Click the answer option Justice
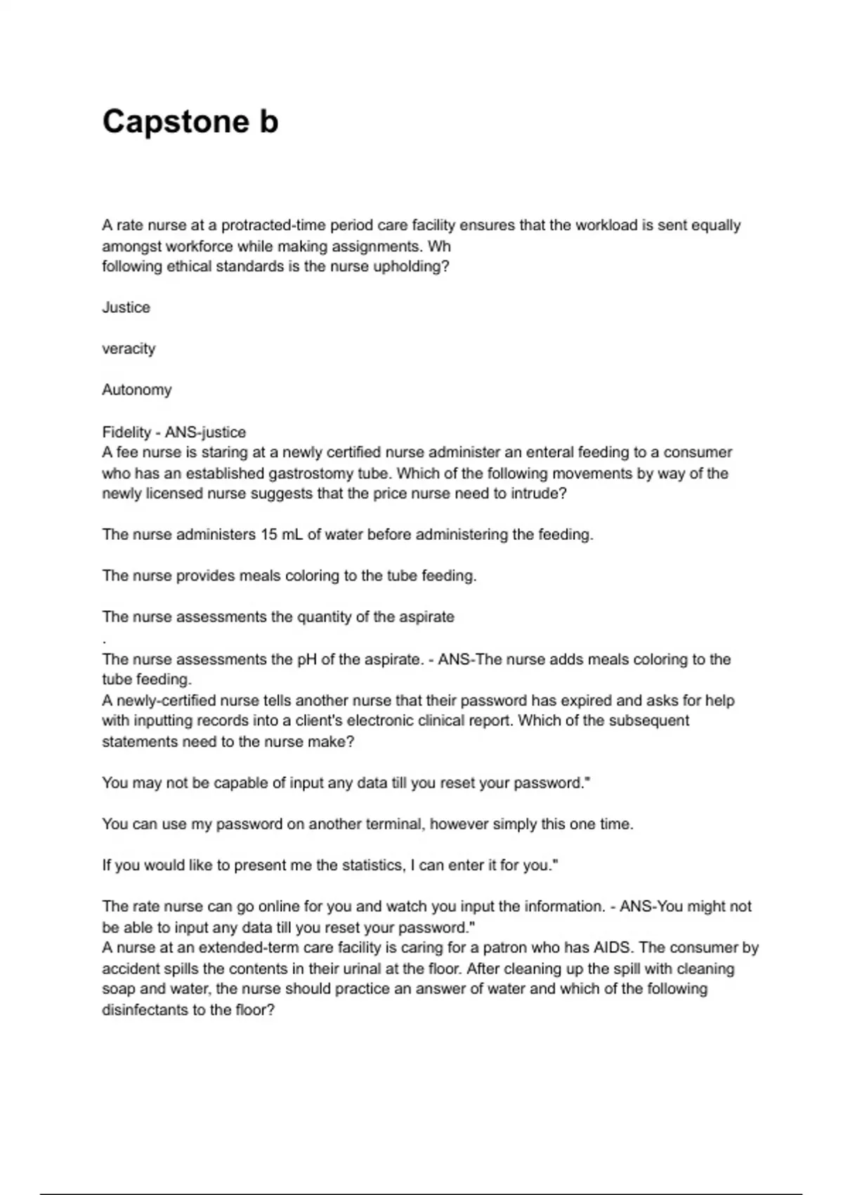tap(126, 307)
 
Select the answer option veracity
tap(129, 349)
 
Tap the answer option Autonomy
tap(136, 389)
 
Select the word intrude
tap(538, 493)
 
